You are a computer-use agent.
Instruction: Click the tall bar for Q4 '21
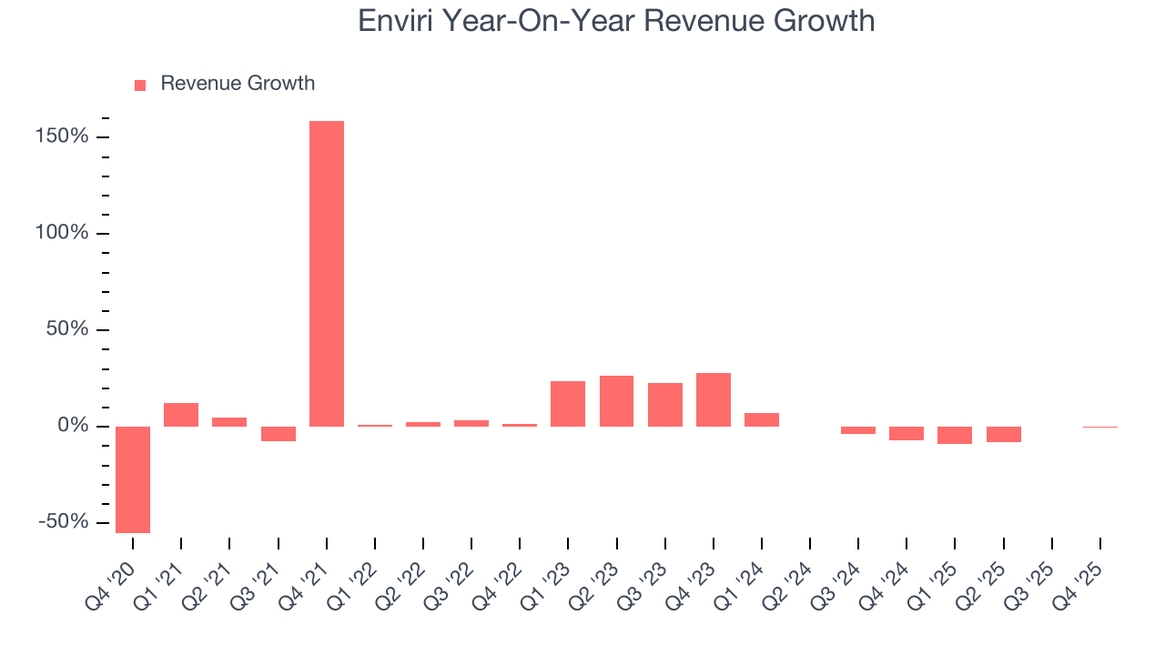(x=327, y=273)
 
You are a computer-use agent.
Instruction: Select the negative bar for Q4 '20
(x=133, y=479)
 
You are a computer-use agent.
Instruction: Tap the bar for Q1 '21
(x=181, y=415)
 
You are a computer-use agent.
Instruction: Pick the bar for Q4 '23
(x=714, y=399)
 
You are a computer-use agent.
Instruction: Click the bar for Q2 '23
(x=616, y=401)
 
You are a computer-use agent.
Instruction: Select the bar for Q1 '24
(x=762, y=419)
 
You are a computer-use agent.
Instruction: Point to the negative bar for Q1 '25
(x=955, y=435)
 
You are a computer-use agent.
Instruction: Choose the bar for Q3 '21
(x=279, y=434)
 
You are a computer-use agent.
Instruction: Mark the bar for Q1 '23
(x=568, y=404)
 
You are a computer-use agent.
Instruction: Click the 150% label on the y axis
(x=63, y=136)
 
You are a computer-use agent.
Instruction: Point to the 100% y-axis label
(x=63, y=233)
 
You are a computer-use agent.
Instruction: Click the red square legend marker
(x=140, y=85)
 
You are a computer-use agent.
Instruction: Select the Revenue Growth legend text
(x=238, y=84)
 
